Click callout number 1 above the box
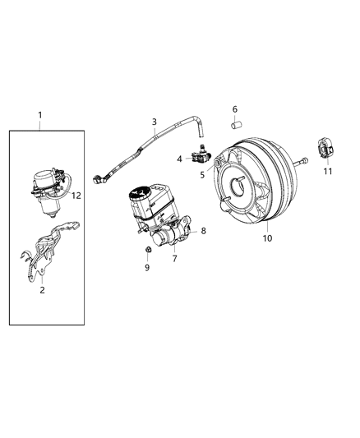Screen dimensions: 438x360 [39, 114]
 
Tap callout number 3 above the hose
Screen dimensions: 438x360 [154, 122]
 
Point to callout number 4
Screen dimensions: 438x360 [179, 158]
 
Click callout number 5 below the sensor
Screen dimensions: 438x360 [201, 174]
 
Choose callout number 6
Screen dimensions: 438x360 [234, 109]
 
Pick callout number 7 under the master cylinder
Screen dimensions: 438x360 [173, 259]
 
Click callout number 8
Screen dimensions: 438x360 [203, 231]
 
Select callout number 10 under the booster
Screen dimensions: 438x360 [265, 238]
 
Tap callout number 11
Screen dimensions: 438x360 [329, 171]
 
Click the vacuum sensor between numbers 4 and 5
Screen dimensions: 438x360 [197, 154]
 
